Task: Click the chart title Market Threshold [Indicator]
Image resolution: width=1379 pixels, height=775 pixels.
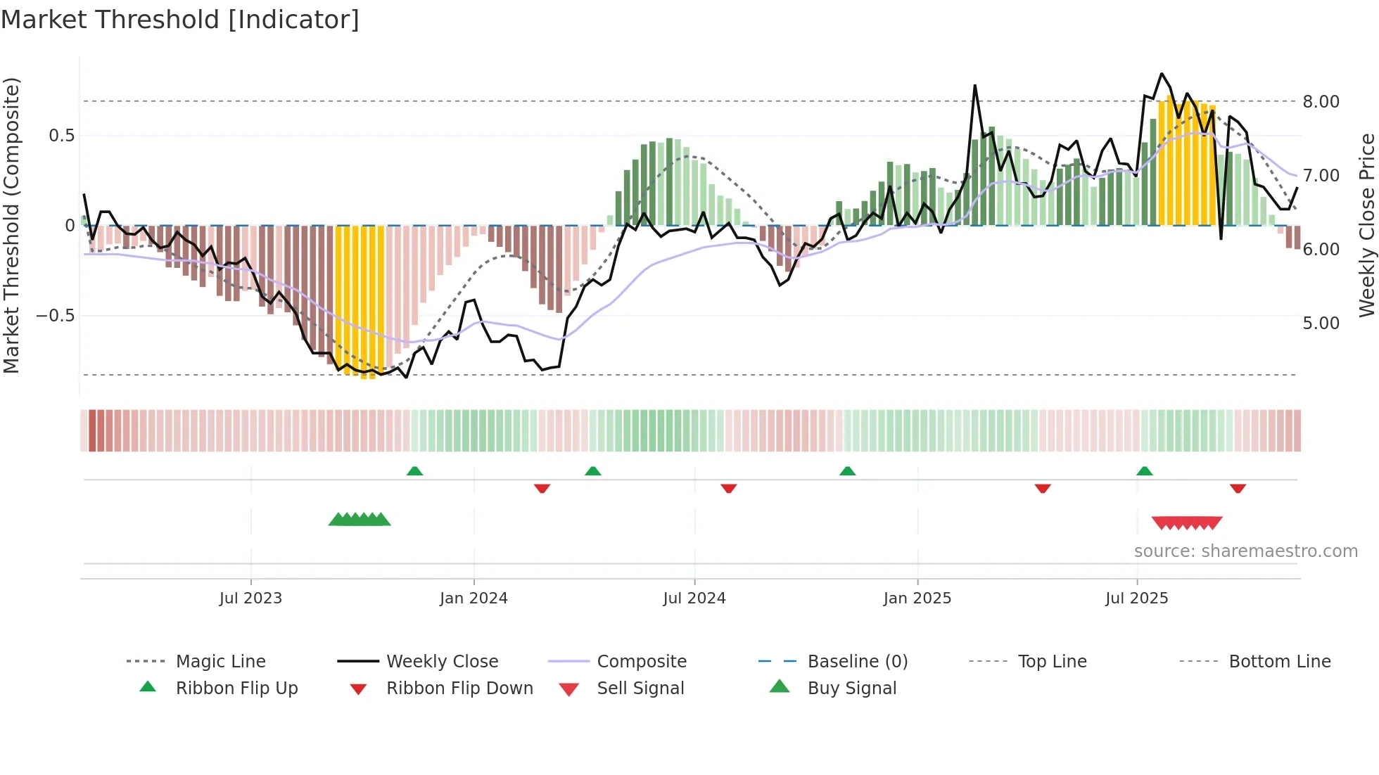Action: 180,20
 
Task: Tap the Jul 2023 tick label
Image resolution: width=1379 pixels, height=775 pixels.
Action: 250,598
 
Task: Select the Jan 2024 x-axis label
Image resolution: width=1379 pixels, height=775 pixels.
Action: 474,598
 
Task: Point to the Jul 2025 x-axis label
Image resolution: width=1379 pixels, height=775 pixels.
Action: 1136,598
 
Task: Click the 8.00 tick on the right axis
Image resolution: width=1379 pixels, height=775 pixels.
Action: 1321,102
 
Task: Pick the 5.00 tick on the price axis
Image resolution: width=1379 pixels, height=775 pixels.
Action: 1321,324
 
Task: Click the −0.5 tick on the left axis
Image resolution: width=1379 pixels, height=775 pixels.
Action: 56,316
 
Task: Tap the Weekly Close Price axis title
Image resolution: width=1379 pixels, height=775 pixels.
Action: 1366,225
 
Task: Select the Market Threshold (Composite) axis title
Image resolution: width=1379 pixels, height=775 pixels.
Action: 11,225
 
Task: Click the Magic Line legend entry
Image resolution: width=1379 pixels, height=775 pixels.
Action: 220,662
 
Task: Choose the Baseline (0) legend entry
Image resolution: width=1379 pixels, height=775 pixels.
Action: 857,662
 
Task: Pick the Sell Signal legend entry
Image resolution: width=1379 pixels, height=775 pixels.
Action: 640,688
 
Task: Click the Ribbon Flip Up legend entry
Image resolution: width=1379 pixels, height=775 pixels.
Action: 236,688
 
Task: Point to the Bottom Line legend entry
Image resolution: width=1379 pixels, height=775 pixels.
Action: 1279,662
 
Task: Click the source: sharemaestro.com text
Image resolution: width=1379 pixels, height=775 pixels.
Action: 1245,551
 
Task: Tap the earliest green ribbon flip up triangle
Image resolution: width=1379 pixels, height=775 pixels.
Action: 414,471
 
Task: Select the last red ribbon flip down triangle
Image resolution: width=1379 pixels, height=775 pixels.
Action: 1238,488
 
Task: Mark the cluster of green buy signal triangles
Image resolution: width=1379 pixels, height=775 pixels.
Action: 360,520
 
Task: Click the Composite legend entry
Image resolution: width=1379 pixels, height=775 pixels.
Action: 641,662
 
